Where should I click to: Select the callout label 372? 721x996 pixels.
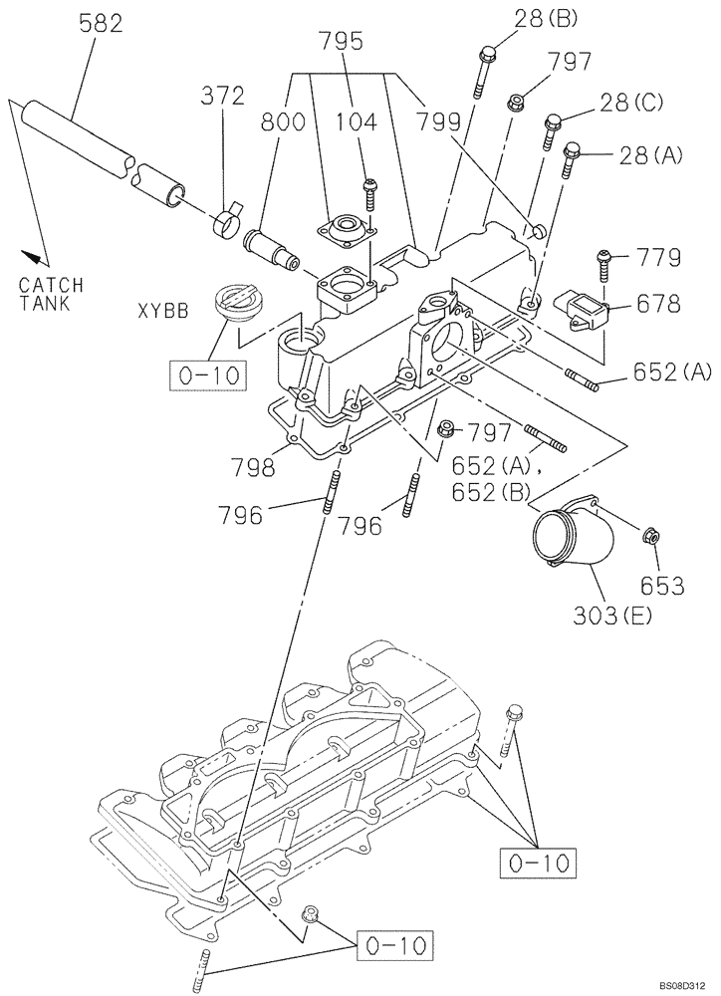click(222, 96)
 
